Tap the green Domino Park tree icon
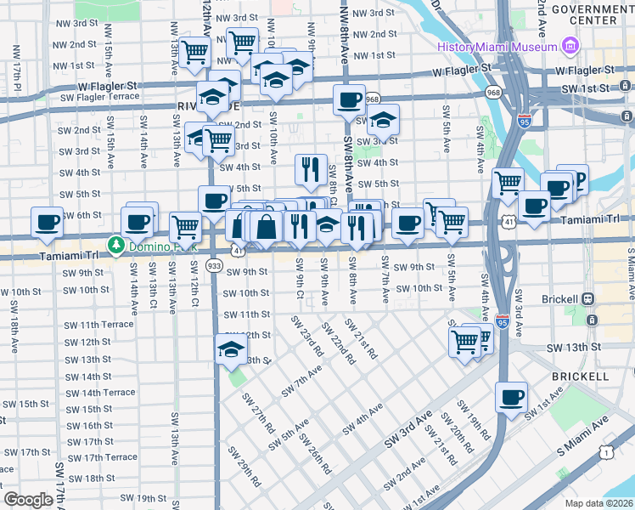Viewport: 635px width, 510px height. tap(115, 246)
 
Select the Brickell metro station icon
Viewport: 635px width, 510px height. tap(587, 299)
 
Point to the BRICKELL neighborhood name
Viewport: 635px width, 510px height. tap(579, 375)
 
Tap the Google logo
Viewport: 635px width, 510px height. tap(28, 499)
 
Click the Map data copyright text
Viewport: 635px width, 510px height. tap(598, 503)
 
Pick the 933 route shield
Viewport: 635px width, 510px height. tap(215, 266)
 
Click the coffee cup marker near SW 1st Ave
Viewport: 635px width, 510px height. tap(511, 397)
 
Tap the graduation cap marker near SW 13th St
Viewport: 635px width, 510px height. tap(230, 349)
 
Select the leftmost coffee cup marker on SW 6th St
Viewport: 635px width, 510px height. tap(47, 222)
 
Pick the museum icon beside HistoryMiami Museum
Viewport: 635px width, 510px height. tap(570, 44)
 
